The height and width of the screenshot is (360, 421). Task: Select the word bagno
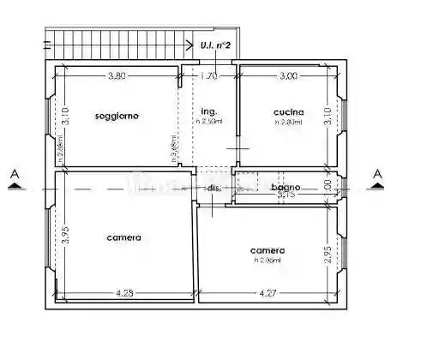285,187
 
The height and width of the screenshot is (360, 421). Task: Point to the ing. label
207,112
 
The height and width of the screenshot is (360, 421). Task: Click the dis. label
213,188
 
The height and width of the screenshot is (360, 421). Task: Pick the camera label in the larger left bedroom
123,237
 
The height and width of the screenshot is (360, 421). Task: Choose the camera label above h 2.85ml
267,250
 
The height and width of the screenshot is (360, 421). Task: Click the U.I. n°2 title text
214,45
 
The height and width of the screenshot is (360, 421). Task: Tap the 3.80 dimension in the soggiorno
117,76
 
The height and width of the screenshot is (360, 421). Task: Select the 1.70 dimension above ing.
208,76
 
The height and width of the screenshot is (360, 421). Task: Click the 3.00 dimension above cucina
288,76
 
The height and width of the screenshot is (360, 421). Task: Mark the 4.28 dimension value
125,294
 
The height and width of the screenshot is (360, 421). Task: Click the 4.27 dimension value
268,294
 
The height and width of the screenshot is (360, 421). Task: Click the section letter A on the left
15,175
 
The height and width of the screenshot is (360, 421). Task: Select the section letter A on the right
376,175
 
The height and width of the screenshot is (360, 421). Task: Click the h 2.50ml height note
209,122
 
